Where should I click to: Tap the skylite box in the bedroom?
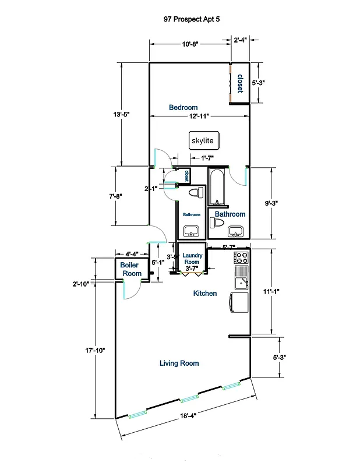(202, 141)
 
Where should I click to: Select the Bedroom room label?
(183, 107)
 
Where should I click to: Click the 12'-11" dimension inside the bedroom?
(200, 116)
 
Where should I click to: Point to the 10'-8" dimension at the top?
(190, 44)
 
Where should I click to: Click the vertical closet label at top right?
(239, 83)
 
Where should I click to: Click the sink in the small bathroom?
(191, 231)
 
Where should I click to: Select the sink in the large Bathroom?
(235, 231)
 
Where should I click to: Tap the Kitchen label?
(205, 294)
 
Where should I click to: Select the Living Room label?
(179, 363)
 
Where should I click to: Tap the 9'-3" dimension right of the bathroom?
(272, 203)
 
